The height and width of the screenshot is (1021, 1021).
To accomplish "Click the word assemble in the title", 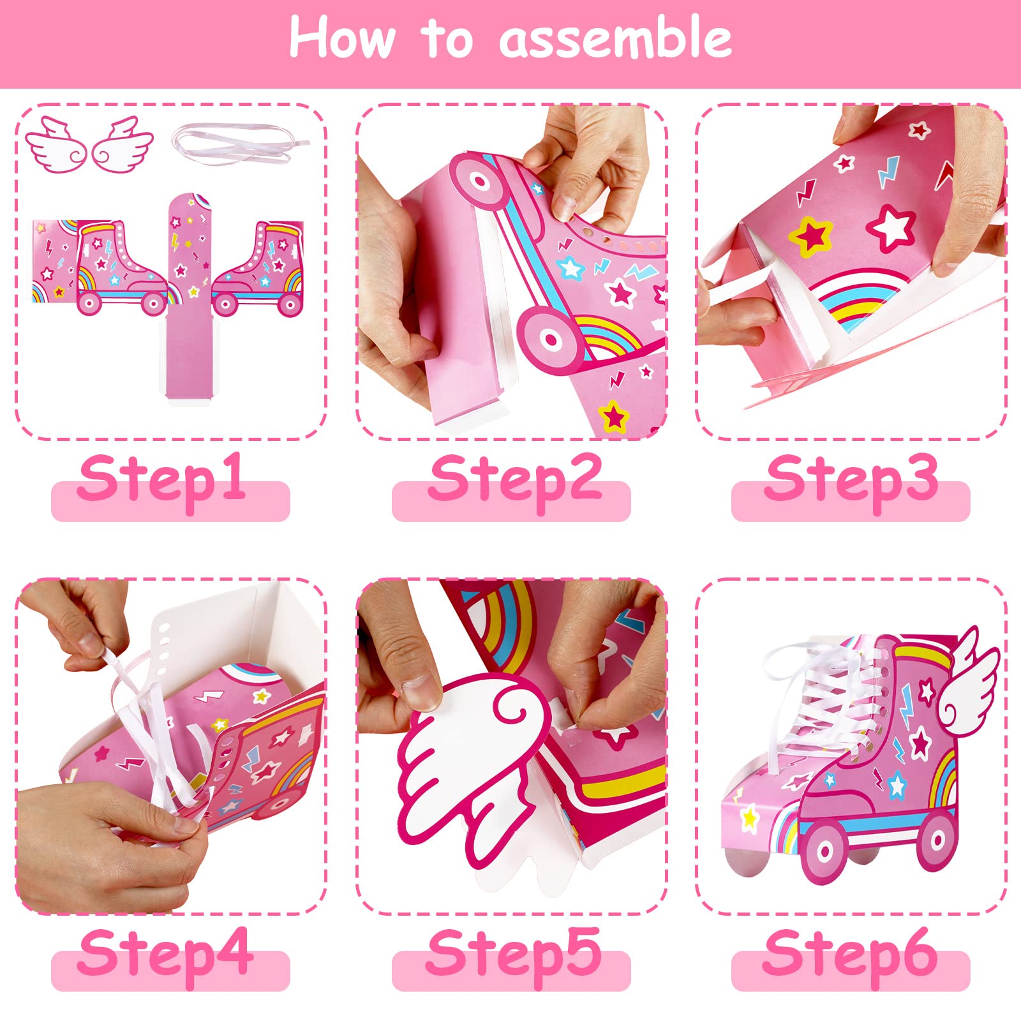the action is pos(616,38).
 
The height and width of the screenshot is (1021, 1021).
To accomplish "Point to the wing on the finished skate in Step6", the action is pos(967,676).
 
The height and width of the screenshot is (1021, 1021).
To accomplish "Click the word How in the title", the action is pos(343,38).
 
